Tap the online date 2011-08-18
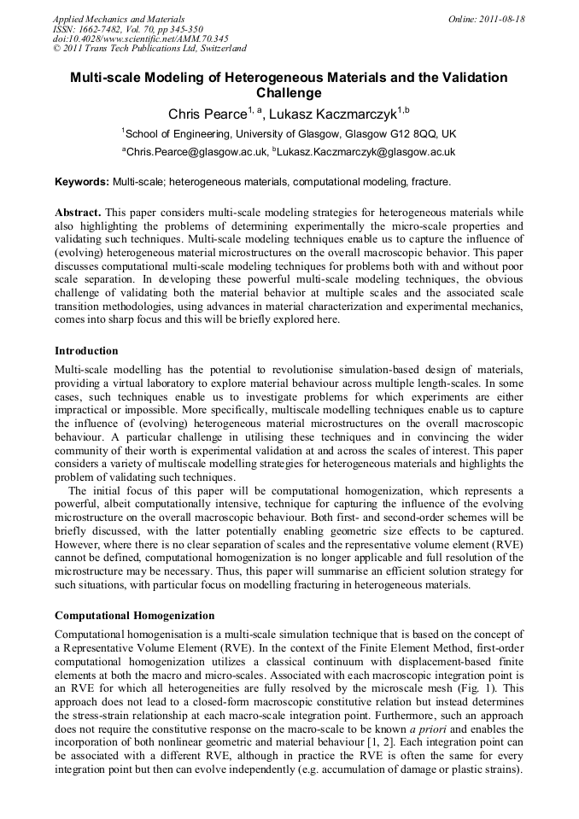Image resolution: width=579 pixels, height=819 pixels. click(x=505, y=18)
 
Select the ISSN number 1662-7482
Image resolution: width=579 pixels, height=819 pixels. click(x=103, y=28)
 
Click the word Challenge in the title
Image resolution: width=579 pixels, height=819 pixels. click(x=289, y=93)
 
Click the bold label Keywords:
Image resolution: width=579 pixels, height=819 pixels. click(x=82, y=182)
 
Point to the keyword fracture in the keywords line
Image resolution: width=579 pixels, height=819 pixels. click(x=430, y=182)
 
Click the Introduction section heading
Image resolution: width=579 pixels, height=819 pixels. click(x=86, y=351)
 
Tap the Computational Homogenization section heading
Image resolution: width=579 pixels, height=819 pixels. click(x=134, y=615)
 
